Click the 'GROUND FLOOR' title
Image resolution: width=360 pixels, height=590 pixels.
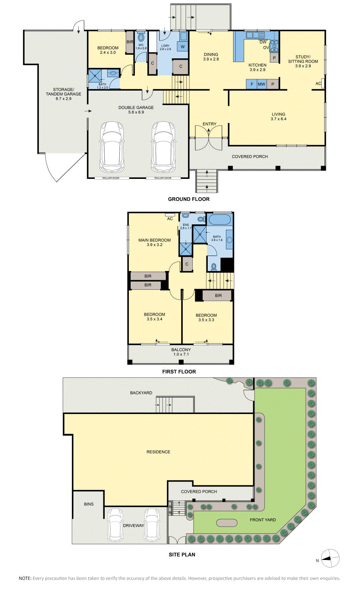pos(189,199)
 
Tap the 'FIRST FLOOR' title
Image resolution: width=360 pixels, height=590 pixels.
pos(179,372)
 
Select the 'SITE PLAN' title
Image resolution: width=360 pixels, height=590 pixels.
pos(182,555)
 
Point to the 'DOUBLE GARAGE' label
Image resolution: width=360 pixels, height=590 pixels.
pos(136,108)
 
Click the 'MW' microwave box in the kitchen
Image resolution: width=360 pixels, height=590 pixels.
pos(262,84)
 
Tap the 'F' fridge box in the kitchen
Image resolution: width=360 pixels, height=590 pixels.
pos(252,84)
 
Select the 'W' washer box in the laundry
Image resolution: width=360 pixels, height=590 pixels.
pos(183,47)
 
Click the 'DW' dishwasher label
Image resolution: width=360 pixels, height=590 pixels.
pos(263,42)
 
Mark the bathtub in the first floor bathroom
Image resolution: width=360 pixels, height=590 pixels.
pos(219,219)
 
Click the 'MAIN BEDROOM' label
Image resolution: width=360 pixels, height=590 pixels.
pos(154,240)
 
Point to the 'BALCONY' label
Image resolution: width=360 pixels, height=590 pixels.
pos(181,350)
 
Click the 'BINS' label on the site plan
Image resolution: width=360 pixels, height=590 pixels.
pos(89,504)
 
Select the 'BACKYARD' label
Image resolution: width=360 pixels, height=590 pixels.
pos(141,393)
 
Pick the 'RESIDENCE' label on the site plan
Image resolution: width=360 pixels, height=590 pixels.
pos(158,452)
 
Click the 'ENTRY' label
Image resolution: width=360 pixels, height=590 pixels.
pos(209,124)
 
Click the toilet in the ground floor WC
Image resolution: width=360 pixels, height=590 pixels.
pos(141,38)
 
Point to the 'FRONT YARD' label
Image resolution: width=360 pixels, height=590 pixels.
pos(263,520)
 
